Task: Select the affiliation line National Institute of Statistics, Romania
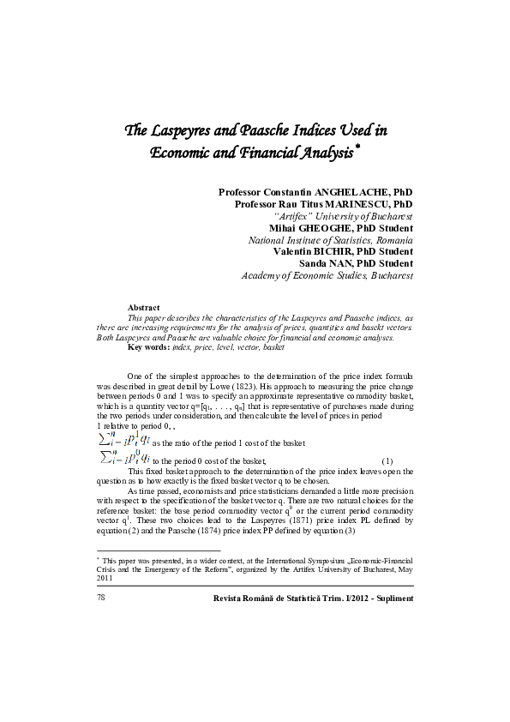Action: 330,241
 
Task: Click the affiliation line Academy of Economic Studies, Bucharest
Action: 327,276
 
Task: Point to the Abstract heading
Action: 143,307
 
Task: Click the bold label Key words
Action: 147,346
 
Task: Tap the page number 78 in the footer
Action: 102,598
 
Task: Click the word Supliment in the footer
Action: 394,598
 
